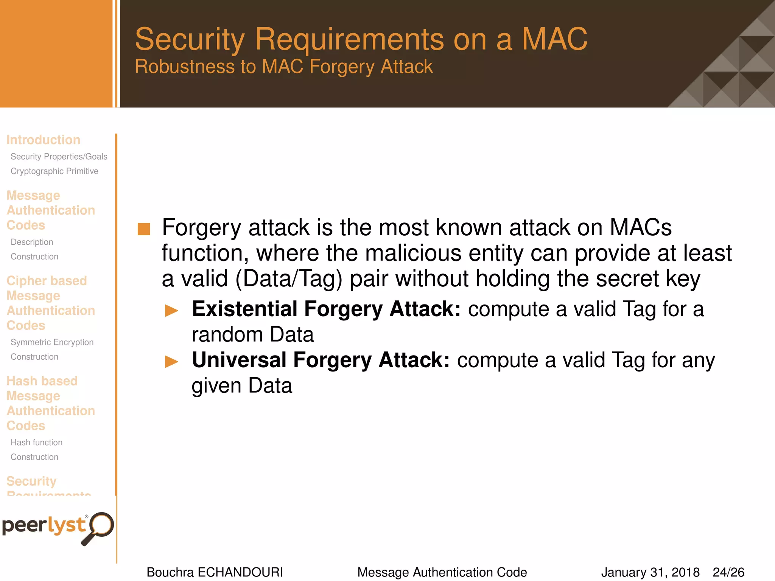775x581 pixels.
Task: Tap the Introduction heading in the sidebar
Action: tap(43, 140)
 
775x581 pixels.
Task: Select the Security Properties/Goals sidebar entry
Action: tap(59, 157)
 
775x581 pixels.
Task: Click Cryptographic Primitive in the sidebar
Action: tap(54, 171)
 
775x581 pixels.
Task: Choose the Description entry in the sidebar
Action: tap(32, 242)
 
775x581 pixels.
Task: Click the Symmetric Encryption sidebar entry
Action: tap(52, 342)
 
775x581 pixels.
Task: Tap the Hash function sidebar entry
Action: tap(36, 443)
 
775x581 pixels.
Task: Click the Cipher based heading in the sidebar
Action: tap(47, 281)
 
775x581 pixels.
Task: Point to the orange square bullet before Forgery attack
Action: tap(144, 229)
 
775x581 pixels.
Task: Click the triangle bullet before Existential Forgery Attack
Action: tap(171, 311)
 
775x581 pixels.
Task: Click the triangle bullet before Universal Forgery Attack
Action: tap(171, 362)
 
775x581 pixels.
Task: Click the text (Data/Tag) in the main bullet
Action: tap(289, 279)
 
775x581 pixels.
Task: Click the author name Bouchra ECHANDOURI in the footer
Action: tap(215, 572)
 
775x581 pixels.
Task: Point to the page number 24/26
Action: tap(728, 572)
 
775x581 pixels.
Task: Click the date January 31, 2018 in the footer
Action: tap(650, 572)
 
